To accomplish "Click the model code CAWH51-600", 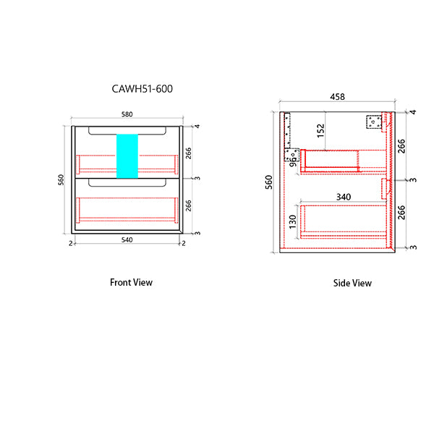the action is click(142, 89).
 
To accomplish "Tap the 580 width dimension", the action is click(127, 114).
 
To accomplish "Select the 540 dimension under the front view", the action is click(127, 239).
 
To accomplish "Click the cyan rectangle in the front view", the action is click(127, 156).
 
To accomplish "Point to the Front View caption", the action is click(131, 282).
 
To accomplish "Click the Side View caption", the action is click(352, 283).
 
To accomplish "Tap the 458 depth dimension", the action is click(337, 97).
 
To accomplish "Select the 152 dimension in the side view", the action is click(320, 131).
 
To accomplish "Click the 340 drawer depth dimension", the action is click(344, 197).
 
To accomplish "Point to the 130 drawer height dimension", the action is click(292, 222).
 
